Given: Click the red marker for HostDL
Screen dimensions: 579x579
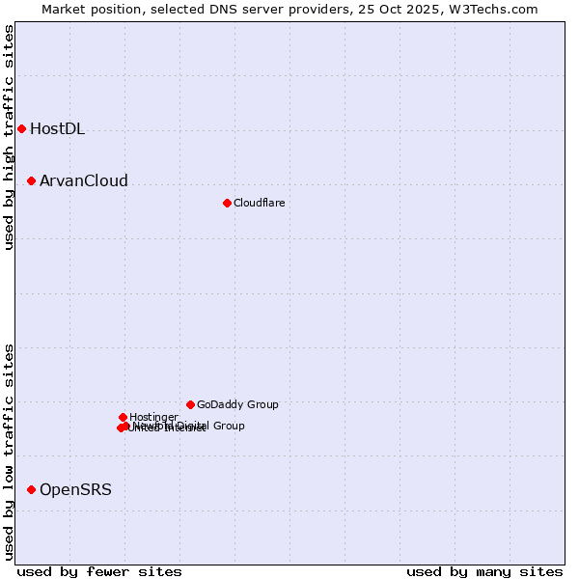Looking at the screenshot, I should coord(21,128).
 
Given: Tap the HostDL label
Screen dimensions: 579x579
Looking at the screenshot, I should coord(57,129).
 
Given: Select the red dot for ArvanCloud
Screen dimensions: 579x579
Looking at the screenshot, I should coord(31,180).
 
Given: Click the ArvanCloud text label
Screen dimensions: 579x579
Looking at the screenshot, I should coord(83,181).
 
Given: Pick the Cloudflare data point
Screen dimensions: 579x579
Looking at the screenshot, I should coord(227,203).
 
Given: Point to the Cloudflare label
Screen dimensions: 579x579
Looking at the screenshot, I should coord(259,204).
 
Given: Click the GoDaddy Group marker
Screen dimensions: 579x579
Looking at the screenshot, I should coord(190,404).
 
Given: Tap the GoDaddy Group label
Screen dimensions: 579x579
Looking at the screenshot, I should coord(237,405).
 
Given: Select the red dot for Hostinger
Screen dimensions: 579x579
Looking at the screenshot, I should coord(123,417).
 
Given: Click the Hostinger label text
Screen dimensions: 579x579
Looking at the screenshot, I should coord(153,418).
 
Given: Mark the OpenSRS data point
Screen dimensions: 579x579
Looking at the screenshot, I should coord(31,489).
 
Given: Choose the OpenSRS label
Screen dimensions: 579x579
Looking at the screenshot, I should coord(75,490).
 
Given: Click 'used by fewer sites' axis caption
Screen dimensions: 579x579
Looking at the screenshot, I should coord(100,572).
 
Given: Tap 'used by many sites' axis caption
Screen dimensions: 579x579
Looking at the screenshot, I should coord(484,572).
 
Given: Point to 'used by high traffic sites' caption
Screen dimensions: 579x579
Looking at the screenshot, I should coord(10,137).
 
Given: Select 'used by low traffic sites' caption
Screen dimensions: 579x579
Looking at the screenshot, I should coord(10,451).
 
